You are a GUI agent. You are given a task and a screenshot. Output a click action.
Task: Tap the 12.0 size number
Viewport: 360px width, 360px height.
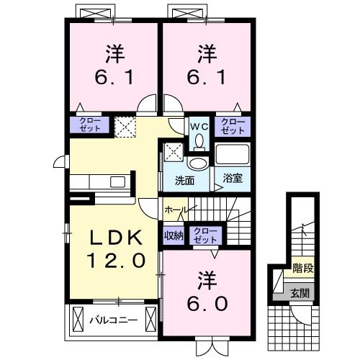(112, 259)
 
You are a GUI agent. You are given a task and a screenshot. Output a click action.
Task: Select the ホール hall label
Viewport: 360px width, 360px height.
(176, 209)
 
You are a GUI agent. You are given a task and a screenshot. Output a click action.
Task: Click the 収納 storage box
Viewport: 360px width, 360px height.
(172, 233)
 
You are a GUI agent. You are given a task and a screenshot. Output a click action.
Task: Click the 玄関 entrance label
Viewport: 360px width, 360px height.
(300, 293)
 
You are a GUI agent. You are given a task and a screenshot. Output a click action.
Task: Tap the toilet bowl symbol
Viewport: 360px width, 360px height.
(199, 160)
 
